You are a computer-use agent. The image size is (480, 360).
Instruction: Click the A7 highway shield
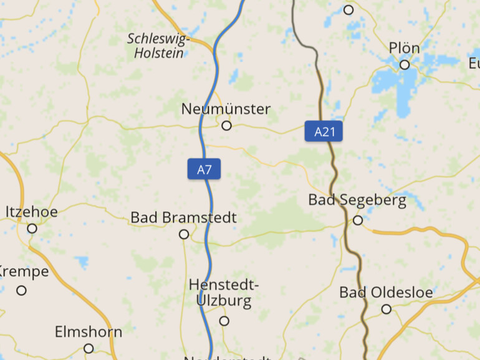(x=204, y=169)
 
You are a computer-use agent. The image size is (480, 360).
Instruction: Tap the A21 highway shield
(x=324, y=131)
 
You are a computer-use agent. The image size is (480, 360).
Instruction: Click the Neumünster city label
(x=226, y=109)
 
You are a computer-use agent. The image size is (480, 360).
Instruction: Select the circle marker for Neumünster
(x=227, y=126)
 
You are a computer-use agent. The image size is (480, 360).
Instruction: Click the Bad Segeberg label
(x=357, y=201)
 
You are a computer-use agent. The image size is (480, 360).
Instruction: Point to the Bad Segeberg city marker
(x=358, y=220)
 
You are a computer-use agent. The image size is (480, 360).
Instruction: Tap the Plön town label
(x=404, y=48)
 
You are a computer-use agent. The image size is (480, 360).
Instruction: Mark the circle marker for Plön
(x=405, y=65)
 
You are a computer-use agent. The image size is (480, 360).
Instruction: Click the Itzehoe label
(x=32, y=212)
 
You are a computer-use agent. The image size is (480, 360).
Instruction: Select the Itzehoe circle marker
(x=32, y=229)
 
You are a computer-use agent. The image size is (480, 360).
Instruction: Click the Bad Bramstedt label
(x=183, y=218)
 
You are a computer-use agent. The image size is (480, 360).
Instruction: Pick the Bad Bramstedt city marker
(x=184, y=234)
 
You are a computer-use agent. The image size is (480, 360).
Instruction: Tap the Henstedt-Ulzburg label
(x=223, y=293)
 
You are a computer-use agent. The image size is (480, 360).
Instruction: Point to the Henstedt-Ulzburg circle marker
(x=224, y=321)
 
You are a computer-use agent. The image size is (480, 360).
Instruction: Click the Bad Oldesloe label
(x=386, y=292)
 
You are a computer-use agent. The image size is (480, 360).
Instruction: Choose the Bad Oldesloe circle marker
(x=386, y=309)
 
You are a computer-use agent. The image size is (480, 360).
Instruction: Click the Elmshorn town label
(x=89, y=332)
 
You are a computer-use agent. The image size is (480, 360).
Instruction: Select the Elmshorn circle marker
(x=89, y=348)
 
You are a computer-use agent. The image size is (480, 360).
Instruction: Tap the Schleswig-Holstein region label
(x=158, y=46)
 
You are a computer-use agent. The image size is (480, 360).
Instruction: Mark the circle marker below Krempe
(x=22, y=290)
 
